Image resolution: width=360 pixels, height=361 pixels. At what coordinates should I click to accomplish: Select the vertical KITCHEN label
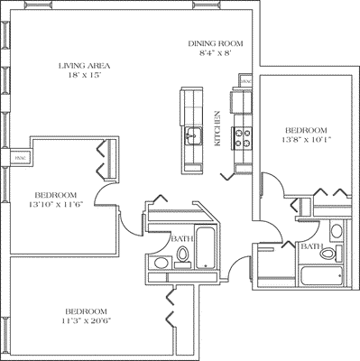(217, 129)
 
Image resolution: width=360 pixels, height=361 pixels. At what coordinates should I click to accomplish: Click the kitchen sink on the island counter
(192, 136)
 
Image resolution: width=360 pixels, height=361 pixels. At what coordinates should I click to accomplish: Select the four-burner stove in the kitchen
(243, 138)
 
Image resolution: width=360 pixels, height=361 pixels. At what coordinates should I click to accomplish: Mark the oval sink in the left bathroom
(160, 263)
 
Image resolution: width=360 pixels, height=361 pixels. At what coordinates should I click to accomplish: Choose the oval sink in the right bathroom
(337, 230)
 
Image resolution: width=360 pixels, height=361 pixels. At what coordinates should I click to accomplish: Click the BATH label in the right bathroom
(312, 246)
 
